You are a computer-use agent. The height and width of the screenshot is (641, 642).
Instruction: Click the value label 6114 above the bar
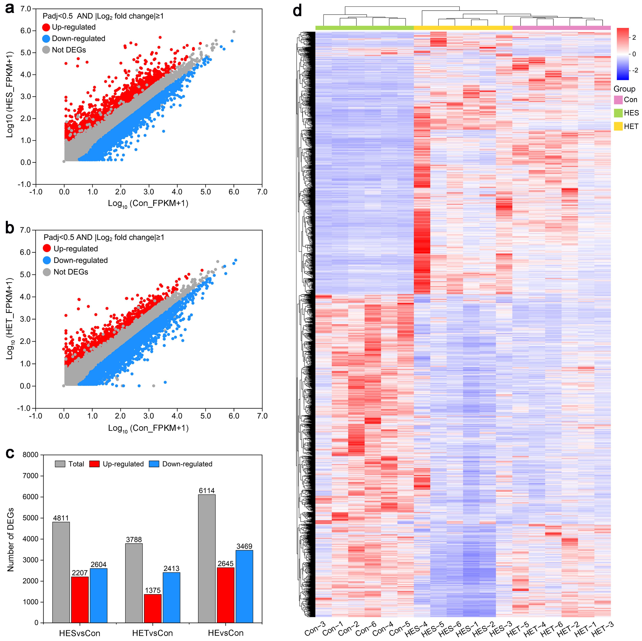coord(207,490)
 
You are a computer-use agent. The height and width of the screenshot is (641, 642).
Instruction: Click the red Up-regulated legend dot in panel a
coord(46,27)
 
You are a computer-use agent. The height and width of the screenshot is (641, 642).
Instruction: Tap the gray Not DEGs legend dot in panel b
coord(47,272)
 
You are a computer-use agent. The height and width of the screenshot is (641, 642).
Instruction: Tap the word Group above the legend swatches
coord(624,89)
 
